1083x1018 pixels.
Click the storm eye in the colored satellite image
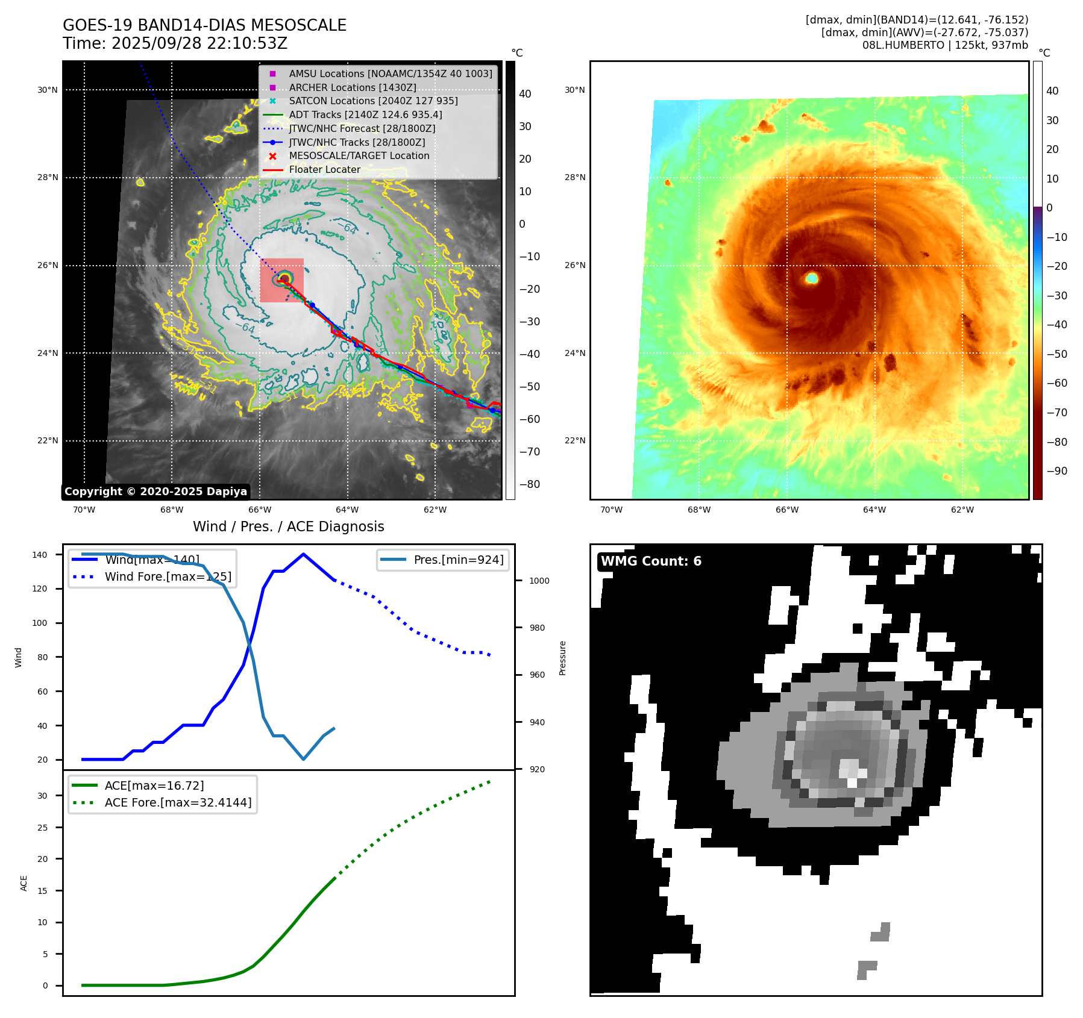coord(812,278)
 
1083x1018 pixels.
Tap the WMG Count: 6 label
coord(651,561)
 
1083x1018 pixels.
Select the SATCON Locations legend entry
coord(373,101)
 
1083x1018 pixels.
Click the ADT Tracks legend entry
coord(365,114)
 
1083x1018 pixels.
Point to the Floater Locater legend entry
coord(324,170)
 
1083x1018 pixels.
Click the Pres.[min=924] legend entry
coord(458,560)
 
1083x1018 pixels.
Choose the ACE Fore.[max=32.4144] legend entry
coord(178,802)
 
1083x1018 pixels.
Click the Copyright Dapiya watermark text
coord(155,492)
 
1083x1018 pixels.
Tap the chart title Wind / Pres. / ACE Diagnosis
coord(288,526)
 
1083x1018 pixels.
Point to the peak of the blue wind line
coord(303,554)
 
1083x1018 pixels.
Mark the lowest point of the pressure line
coord(303,759)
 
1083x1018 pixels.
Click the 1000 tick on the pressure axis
coord(539,581)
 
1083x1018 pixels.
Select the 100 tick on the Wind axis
coord(40,623)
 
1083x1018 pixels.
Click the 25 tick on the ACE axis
coord(42,828)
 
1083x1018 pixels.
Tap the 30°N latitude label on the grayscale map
coord(48,90)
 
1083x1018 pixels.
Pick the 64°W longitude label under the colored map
coord(874,510)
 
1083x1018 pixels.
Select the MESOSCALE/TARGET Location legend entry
coord(359,156)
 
